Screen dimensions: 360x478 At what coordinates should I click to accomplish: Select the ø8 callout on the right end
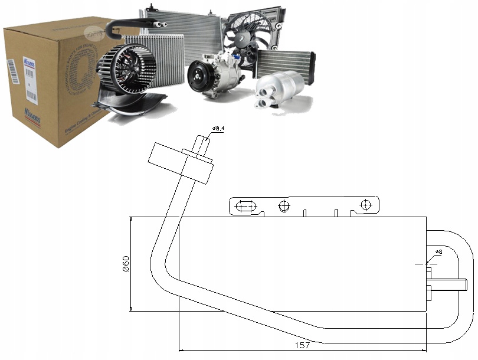[x=438, y=253]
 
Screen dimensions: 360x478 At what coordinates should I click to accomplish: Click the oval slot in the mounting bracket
[x=245, y=207]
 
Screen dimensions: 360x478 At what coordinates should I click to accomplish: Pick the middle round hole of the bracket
[x=284, y=205]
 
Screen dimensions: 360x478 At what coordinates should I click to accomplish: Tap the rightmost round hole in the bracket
[x=365, y=205]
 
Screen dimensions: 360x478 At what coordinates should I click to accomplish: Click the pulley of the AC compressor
[x=199, y=78]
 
